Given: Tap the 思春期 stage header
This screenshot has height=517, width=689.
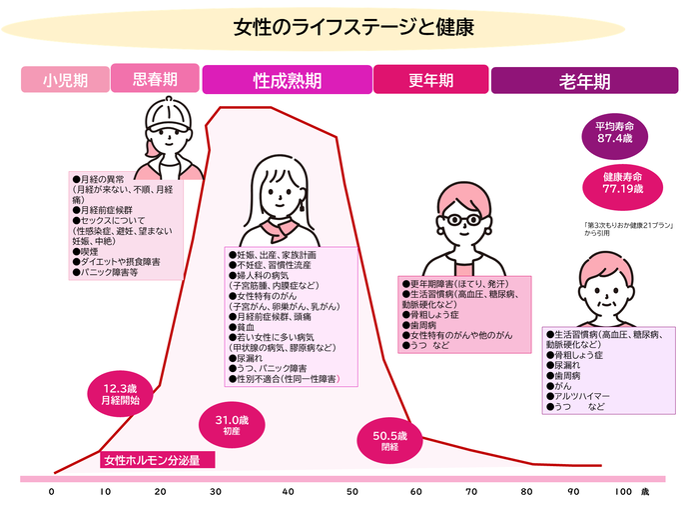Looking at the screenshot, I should (x=155, y=78).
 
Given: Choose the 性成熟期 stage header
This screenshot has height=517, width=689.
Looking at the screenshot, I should (x=287, y=80).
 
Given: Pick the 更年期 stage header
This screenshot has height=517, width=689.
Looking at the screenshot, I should (x=430, y=80).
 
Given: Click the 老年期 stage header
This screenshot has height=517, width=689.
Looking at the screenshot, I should (x=584, y=80).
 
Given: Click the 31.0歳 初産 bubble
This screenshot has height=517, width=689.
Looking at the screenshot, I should (x=231, y=424).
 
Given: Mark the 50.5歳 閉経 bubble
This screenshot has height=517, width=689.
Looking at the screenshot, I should (x=389, y=441).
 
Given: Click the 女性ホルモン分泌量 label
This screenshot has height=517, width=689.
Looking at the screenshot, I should (x=152, y=461).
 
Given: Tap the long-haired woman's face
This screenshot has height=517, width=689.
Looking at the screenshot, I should (x=280, y=193).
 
